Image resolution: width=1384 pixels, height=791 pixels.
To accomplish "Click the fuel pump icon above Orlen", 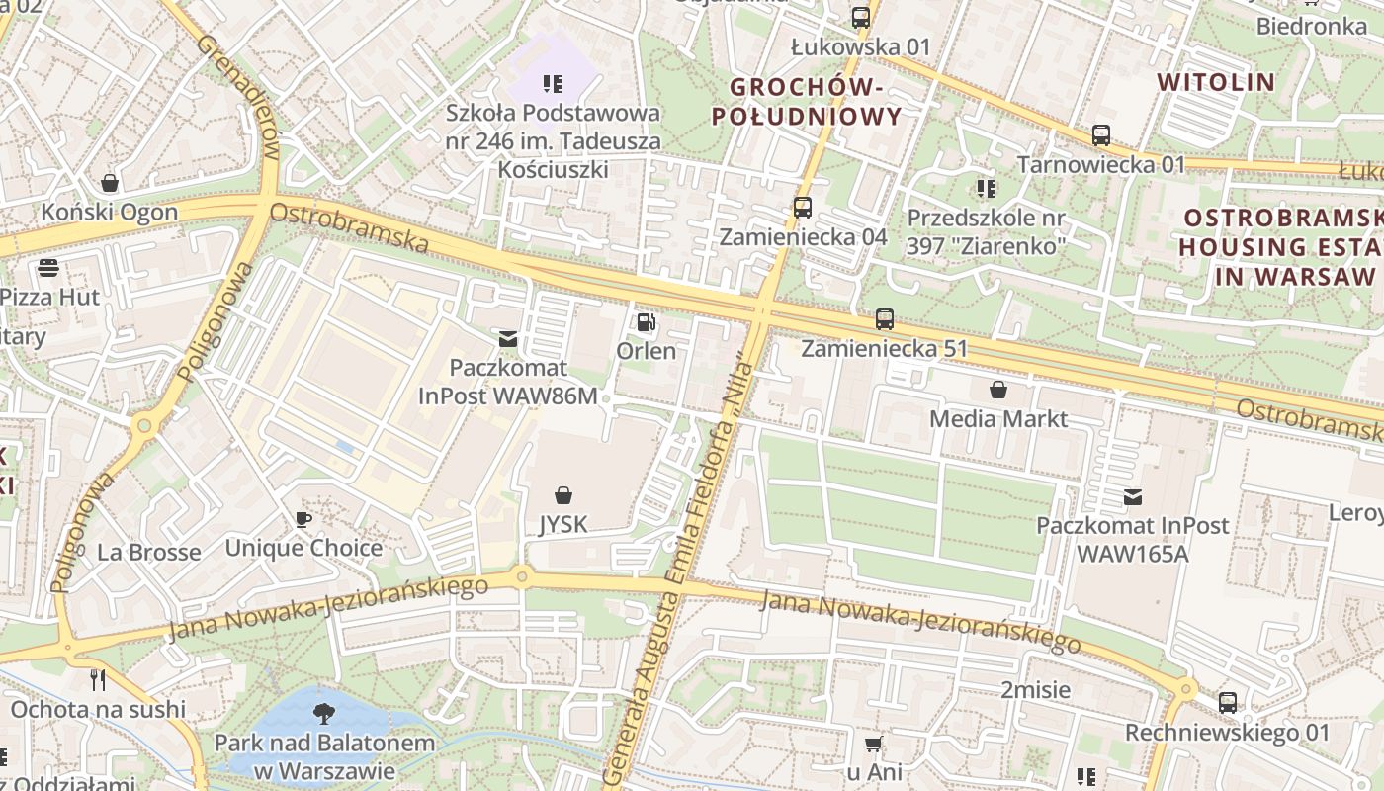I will [x=647, y=322].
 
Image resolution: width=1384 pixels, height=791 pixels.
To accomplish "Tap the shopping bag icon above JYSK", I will [x=563, y=494].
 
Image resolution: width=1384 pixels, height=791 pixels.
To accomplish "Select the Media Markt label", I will [x=998, y=418].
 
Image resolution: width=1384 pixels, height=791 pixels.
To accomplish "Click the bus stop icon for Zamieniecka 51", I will [x=885, y=319].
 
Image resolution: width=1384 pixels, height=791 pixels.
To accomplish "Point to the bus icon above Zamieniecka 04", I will [x=803, y=208].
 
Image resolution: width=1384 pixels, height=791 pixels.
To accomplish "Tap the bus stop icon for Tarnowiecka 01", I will [x=1101, y=135].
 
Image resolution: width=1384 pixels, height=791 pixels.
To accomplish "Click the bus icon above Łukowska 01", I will [x=861, y=17].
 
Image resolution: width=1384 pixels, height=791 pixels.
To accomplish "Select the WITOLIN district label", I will [x=1216, y=82].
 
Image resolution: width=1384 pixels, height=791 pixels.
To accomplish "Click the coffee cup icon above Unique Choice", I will [x=303, y=519].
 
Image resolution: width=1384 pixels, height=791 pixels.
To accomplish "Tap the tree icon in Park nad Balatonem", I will [x=323, y=713].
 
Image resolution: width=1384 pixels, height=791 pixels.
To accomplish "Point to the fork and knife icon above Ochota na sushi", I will [x=98, y=679].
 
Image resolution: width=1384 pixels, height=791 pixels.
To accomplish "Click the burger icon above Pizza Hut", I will [x=47, y=268].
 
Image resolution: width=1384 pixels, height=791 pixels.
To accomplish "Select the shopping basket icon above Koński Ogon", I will [x=110, y=183].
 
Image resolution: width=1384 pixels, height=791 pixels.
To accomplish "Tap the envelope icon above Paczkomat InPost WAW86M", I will [x=508, y=339].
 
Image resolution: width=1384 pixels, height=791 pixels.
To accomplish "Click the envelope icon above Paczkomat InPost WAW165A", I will [x=1132, y=497].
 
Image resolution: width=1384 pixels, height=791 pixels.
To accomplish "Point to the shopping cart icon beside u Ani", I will [x=873, y=744].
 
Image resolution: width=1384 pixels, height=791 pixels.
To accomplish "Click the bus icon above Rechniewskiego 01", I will [x=1228, y=703].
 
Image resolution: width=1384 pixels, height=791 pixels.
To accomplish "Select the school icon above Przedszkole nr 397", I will [x=986, y=188].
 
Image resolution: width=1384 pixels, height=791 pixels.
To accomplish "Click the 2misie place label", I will [x=1035, y=689].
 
